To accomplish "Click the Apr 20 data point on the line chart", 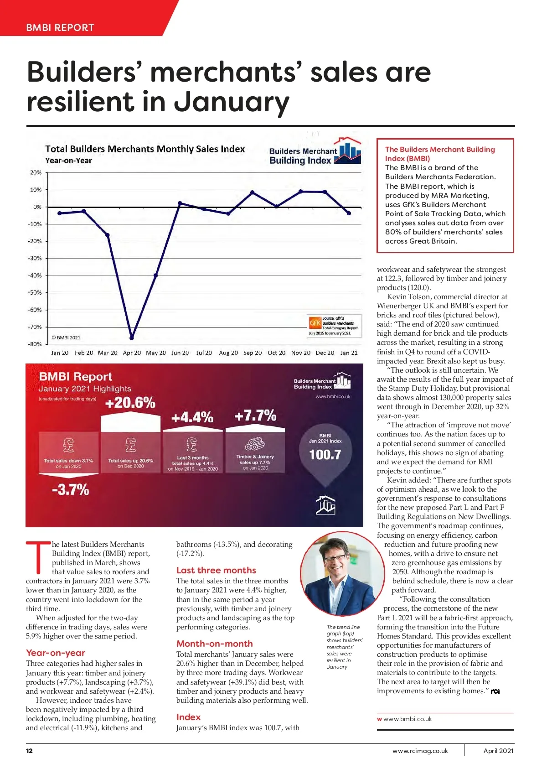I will click(x=132, y=338).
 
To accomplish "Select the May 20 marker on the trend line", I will click(x=156, y=275).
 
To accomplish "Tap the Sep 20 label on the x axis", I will click(x=253, y=353).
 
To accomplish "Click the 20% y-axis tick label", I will click(x=36, y=172).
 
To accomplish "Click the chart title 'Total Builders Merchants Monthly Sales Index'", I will click(x=145, y=149).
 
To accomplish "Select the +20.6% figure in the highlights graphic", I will click(x=130, y=403).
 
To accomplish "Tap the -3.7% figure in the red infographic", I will click(x=70, y=490).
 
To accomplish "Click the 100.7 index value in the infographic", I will click(x=325, y=455).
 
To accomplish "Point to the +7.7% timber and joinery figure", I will click(x=255, y=416).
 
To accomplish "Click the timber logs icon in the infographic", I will click(x=255, y=444).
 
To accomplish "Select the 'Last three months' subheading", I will click(x=216, y=570).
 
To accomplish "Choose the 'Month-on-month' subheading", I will click(x=214, y=644).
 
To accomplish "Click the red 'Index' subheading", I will click(x=188, y=717).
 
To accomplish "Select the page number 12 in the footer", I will click(x=29, y=751).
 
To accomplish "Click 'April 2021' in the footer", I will click(x=498, y=751).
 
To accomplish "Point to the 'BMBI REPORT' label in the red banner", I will click(x=60, y=27).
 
